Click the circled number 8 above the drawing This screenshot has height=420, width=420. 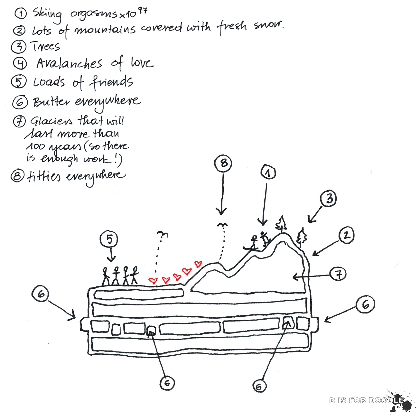click(x=224, y=163)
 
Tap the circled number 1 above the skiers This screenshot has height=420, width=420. click(x=268, y=173)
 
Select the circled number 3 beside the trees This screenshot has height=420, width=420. click(x=329, y=198)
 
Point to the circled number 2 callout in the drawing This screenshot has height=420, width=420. click(x=346, y=235)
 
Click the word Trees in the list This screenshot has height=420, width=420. click(x=45, y=46)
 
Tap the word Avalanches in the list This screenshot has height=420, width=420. click(x=69, y=63)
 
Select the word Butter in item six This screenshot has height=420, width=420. click(x=51, y=102)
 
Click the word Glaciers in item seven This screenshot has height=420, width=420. click(x=51, y=121)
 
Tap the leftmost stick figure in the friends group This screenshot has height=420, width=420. click(x=106, y=276)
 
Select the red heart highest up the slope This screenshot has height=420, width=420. click(x=198, y=264)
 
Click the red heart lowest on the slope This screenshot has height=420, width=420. click(x=153, y=281)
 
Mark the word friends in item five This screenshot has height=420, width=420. click(x=111, y=82)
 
